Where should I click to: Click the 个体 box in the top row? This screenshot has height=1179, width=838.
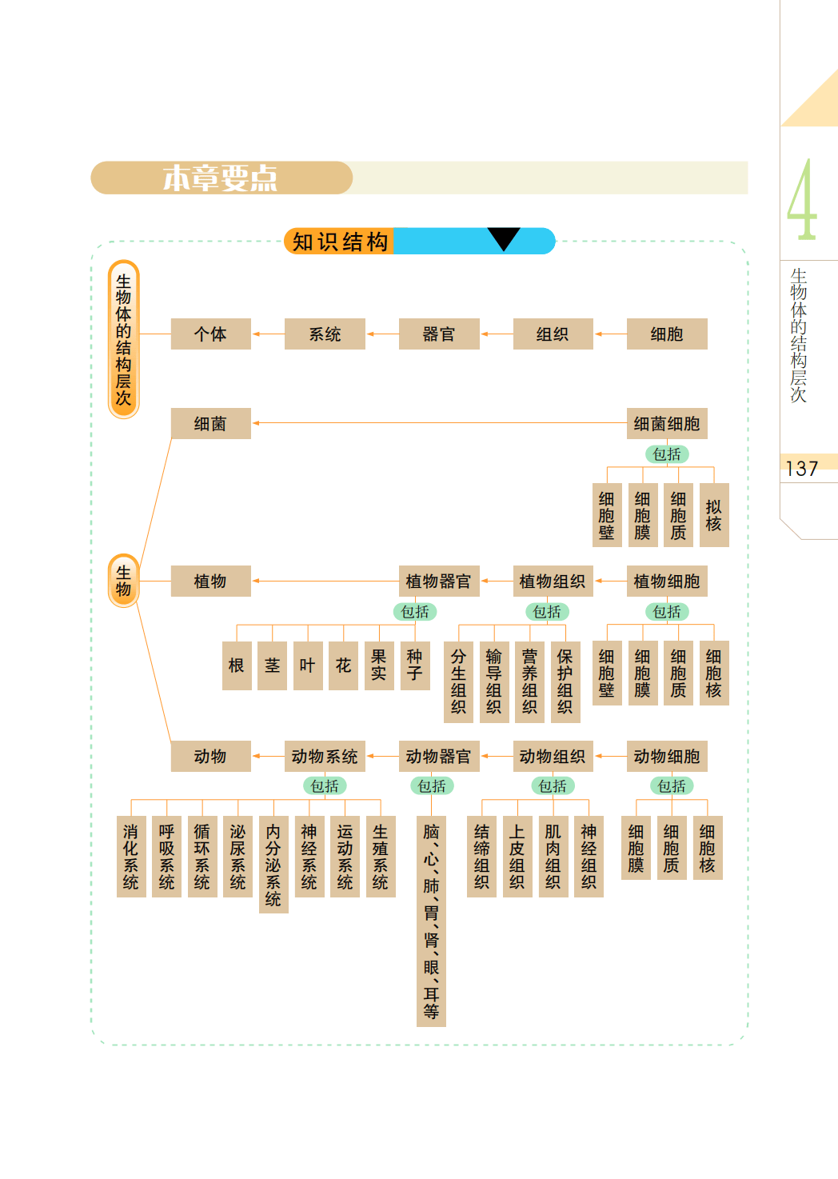tap(210, 334)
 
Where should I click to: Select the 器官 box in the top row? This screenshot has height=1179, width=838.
tap(438, 334)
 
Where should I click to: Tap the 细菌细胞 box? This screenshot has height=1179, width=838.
tap(666, 424)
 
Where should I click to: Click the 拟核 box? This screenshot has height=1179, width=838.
tap(713, 515)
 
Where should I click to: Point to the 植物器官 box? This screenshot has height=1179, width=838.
tap(438, 582)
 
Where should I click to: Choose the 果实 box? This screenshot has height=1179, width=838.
tap(379, 665)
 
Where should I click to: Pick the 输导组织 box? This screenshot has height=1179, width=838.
tap(494, 681)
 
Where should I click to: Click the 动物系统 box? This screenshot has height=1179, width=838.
tap(324, 756)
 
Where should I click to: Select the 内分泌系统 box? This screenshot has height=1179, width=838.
tap(273, 865)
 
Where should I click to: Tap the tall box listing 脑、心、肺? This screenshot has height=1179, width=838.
tap(431, 921)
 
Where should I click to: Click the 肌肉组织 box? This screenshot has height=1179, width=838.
tap(553, 857)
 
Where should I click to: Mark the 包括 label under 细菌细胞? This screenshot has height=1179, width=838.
tap(667, 454)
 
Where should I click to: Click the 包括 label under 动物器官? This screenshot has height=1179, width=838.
tap(433, 786)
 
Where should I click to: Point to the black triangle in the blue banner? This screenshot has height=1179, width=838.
tap(504, 238)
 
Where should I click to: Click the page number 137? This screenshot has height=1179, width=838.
tap(801, 469)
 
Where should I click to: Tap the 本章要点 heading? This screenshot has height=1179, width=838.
tap(221, 178)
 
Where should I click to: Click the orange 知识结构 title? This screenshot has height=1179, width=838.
tap(340, 242)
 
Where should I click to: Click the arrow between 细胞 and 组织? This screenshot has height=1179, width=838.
tap(610, 334)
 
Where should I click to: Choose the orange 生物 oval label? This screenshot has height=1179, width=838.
tap(123, 581)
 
